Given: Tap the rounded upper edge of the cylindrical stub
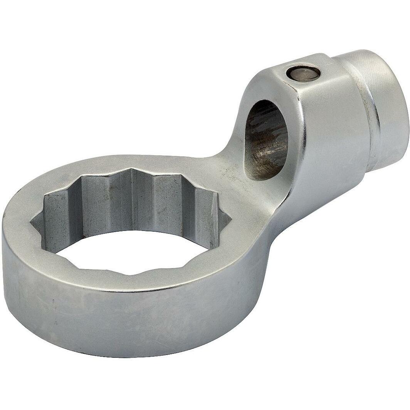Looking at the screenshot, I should (x=370, y=56).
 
